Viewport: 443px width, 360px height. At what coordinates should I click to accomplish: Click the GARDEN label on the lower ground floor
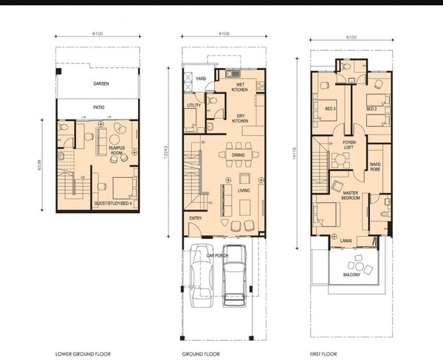101,83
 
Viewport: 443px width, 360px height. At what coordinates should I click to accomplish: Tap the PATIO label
99,107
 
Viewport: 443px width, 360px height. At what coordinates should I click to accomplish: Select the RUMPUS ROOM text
117,150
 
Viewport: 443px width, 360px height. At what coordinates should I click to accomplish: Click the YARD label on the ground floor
201,78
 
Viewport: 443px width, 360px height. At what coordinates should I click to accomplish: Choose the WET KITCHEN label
239,87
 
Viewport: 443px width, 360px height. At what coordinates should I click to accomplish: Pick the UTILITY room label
193,105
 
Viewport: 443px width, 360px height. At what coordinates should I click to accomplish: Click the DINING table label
238,155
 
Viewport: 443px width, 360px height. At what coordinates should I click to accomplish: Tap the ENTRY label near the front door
196,218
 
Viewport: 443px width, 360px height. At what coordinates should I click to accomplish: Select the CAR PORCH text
217,255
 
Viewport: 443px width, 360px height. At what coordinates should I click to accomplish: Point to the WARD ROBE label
375,167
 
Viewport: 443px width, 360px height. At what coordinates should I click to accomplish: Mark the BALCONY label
351,274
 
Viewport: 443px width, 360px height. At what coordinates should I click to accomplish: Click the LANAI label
346,240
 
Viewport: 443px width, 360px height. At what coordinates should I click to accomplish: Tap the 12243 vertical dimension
165,152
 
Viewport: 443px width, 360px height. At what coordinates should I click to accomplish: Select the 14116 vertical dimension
294,154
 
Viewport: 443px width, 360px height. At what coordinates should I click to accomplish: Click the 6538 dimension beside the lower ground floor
39,165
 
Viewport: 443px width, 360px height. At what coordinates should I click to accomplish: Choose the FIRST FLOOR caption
323,354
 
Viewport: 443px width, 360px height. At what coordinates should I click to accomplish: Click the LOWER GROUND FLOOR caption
83,354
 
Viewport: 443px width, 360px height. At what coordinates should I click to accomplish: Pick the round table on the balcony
359,266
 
